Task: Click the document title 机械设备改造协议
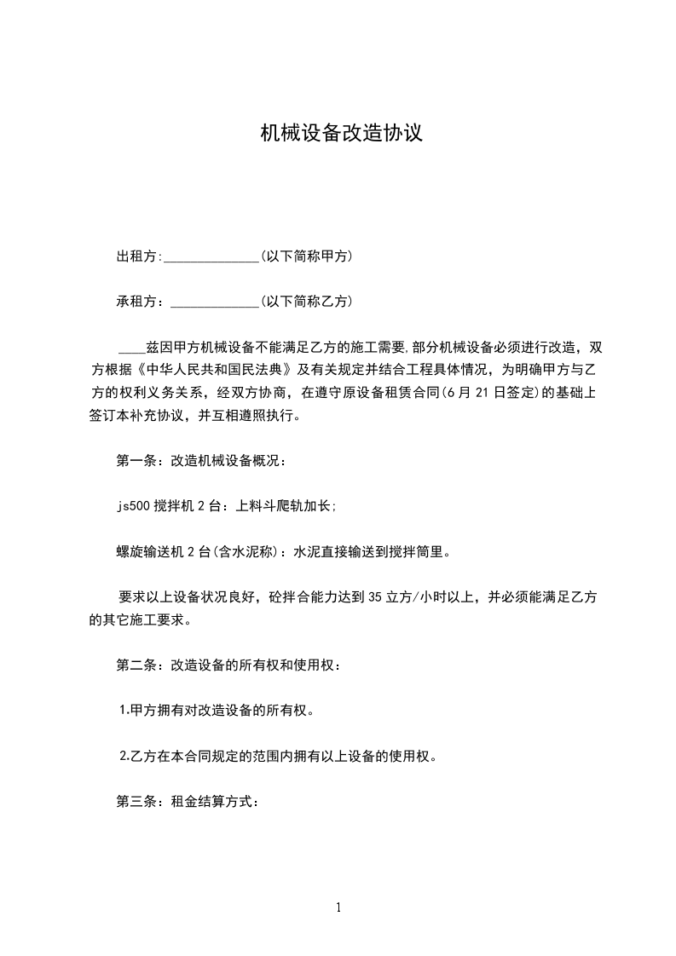(341, 134)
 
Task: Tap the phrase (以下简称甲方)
(307, 256)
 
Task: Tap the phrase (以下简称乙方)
(307, 301)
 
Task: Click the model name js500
(133, 506)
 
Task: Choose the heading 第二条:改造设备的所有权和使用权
(228, 665)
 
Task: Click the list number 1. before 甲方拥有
(124, 710)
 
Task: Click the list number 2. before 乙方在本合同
(124, 756)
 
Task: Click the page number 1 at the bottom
(338, 907)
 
